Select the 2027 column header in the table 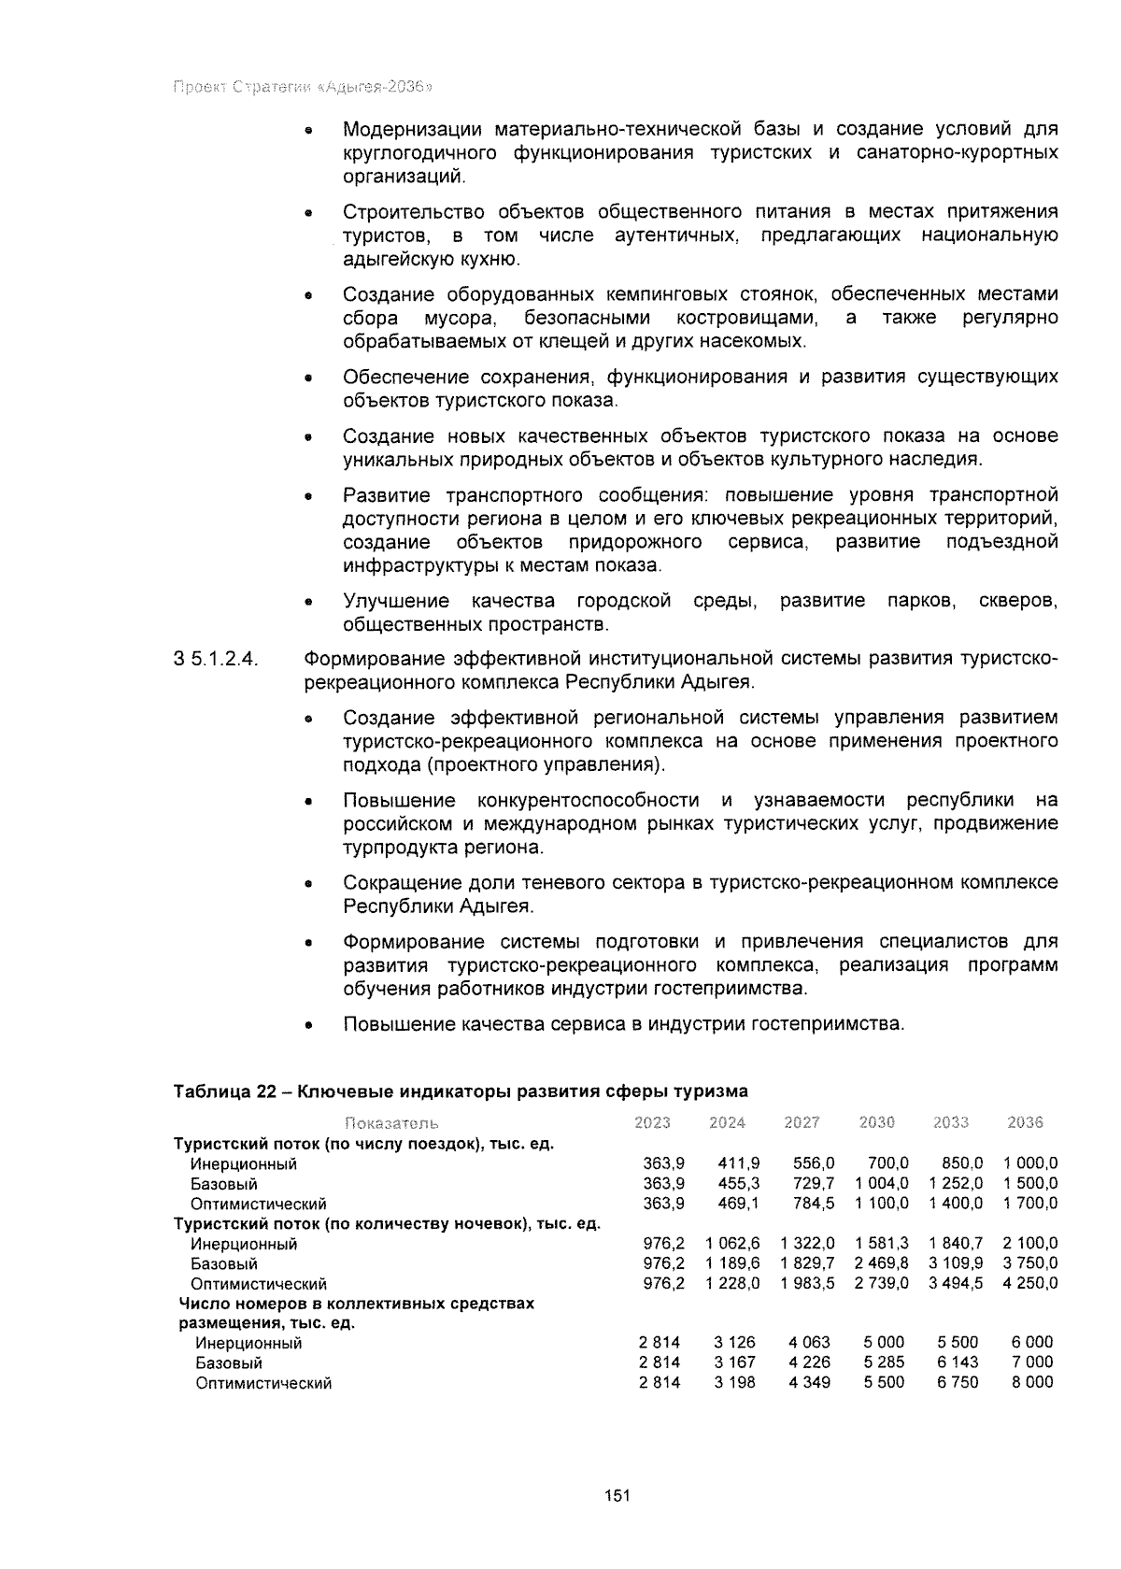click(802, 1122)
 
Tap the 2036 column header click(1025, 1122)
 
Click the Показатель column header click(391, 1122)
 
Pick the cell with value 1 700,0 click(1030, 1204)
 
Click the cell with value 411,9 click(738, 1163)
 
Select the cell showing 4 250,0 click(1030, 1283)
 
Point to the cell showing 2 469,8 click(881, 1263)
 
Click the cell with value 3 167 click(734, 1362)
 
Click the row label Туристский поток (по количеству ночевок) click(387, 1223)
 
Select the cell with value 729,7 click(813, 1184)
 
